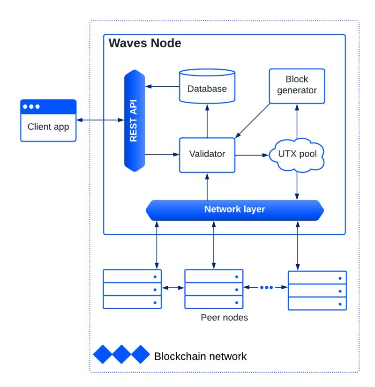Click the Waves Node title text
coord(144,44)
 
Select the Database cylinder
coord(207,86)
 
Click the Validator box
coord(207,154)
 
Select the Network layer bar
coord(234,209)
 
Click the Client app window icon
coord(48,120)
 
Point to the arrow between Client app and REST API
coord(100,120)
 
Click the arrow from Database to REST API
coord(162,86)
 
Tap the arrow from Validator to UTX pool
coord(252,155)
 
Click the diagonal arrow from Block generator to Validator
coord(253,120)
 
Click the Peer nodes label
coord(224,318)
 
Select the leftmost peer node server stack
coord(132,289)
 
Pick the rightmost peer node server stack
coord(317,290)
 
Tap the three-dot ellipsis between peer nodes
coord(266,288)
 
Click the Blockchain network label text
coord(200,356)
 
